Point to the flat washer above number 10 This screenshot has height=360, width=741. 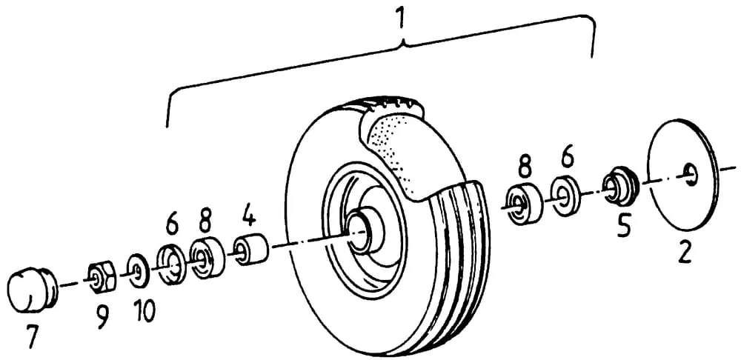(x=138, y=270)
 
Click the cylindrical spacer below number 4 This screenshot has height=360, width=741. (x=251, y=250)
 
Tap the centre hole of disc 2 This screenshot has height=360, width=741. (x=690, y=173)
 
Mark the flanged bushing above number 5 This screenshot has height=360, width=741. (x=620, y=186)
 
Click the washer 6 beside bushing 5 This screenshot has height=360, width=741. (x=565, y=196)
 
